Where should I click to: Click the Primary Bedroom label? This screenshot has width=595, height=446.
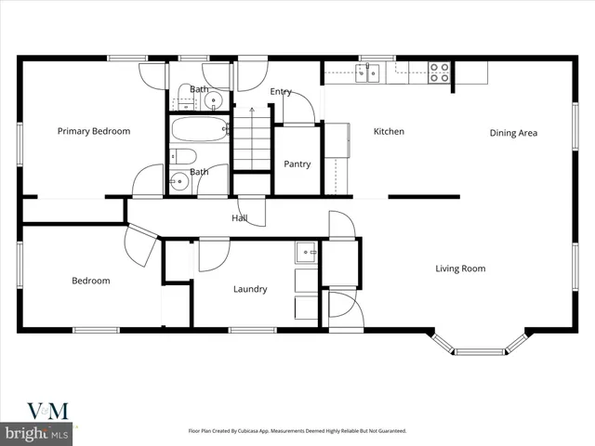click(x=94, y=131)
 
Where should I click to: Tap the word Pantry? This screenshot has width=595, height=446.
click(x=297, y=164)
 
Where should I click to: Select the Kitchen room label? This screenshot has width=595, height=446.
click(x=389, y=132)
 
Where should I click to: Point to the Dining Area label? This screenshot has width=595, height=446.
click(x=513, y=133)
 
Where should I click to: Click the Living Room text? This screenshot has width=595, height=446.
click(x=460, y=269)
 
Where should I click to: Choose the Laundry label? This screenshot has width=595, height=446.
click(x=250, y=289)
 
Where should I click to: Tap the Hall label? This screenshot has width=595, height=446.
click(x=239, y=218)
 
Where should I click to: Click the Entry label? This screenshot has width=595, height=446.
click(x=281, y=92)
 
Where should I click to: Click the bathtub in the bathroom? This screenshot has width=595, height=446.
click(x=200, y=129)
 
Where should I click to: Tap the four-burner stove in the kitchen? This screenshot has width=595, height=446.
click(x=439, y=72)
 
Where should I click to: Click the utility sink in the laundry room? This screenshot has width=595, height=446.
click(x=306, y=252)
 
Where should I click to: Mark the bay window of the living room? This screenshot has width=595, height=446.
click(x=480, y=350)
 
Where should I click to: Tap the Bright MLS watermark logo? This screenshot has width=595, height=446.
click(x=37, y=433)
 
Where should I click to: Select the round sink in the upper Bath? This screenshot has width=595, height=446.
click(x=214, y=99)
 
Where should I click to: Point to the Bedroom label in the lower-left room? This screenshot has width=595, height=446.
click(x=91, y=281)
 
